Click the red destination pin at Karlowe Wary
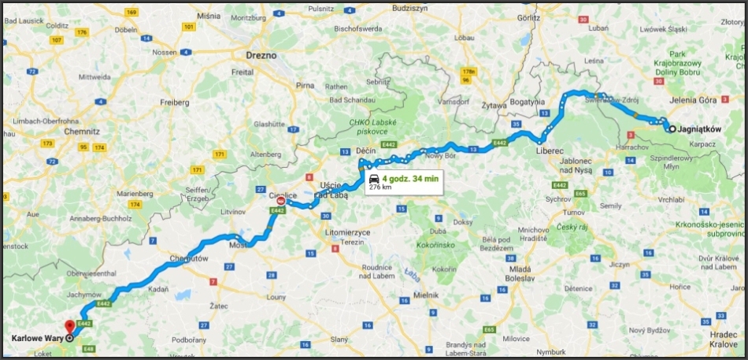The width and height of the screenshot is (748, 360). [69, 327]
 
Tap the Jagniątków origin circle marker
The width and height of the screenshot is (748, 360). [672, 129]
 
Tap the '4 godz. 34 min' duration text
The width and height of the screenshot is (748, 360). [409, 178]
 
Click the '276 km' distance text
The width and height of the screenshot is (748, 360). [380, 187]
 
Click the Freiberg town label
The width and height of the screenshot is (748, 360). [172, 102]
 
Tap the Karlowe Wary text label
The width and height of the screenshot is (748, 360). [38, 338]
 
